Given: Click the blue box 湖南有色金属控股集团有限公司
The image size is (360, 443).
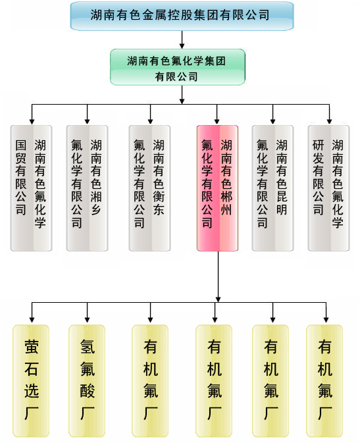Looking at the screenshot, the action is [182, 16].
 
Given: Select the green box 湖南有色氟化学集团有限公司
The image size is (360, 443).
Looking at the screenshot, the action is [178, 67].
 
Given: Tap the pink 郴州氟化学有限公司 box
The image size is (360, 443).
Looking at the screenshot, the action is [217, 188].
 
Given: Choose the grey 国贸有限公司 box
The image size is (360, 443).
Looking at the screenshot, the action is [31, 188].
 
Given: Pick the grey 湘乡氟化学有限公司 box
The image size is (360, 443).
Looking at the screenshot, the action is [87, 188].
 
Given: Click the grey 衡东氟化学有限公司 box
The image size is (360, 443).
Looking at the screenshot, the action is [149, 188].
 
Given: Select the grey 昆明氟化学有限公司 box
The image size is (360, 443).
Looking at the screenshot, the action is [272, 188].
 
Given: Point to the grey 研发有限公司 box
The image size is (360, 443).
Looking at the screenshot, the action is [328, 188].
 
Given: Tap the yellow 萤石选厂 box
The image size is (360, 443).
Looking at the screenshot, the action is [31, 381].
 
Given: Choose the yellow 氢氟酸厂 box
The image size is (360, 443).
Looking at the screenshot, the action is [87, 381].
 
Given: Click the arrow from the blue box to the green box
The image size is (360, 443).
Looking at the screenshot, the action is [182, 39].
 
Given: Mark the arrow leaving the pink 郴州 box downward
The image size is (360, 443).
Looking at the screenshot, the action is [218, 276].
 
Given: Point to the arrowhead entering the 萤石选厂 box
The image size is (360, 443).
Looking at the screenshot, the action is [32, 320].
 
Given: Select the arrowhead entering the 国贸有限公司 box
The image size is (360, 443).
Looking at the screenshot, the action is [32, 122].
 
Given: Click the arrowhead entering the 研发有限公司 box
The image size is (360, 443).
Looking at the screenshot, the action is [329, 122].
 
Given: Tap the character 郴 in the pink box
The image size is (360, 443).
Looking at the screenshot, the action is [226, 197].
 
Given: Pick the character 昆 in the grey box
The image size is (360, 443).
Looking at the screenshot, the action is [282, 197].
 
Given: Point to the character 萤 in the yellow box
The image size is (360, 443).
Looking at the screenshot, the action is [31, 347].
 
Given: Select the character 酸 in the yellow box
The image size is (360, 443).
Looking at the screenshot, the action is [87, 391].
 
